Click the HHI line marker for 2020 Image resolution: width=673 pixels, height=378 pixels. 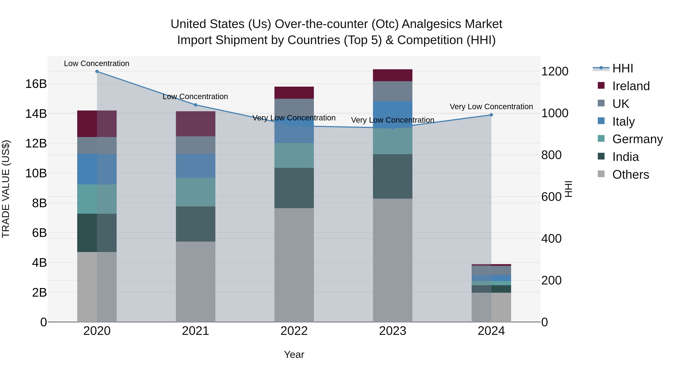(x=97, y=71)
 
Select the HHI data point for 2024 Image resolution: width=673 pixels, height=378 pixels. (x=491, y=115)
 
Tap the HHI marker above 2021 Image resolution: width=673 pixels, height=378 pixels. (x=195, y=105)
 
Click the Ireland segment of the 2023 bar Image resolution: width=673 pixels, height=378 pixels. (x=392, y=75)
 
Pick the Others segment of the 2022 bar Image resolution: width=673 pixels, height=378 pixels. (x=294, y=265)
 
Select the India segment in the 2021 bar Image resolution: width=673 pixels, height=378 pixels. (x=195, y=224)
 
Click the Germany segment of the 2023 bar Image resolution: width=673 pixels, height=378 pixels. (x=392, y=141)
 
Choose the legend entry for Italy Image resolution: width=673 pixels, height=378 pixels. (x=623, y=122)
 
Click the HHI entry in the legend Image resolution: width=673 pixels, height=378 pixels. (x=622, y=68)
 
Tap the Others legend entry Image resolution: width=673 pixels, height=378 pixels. (x=630, y=175)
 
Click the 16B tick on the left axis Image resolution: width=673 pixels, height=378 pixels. (x=36, y=84)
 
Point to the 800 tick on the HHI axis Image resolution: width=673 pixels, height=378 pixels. (x=551, y=155)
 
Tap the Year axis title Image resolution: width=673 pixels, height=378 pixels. (x=294, y=354)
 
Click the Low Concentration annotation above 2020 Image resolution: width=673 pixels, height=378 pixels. (x=96, y=64)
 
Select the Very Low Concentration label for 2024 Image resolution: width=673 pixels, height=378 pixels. (x=491, y=107)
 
